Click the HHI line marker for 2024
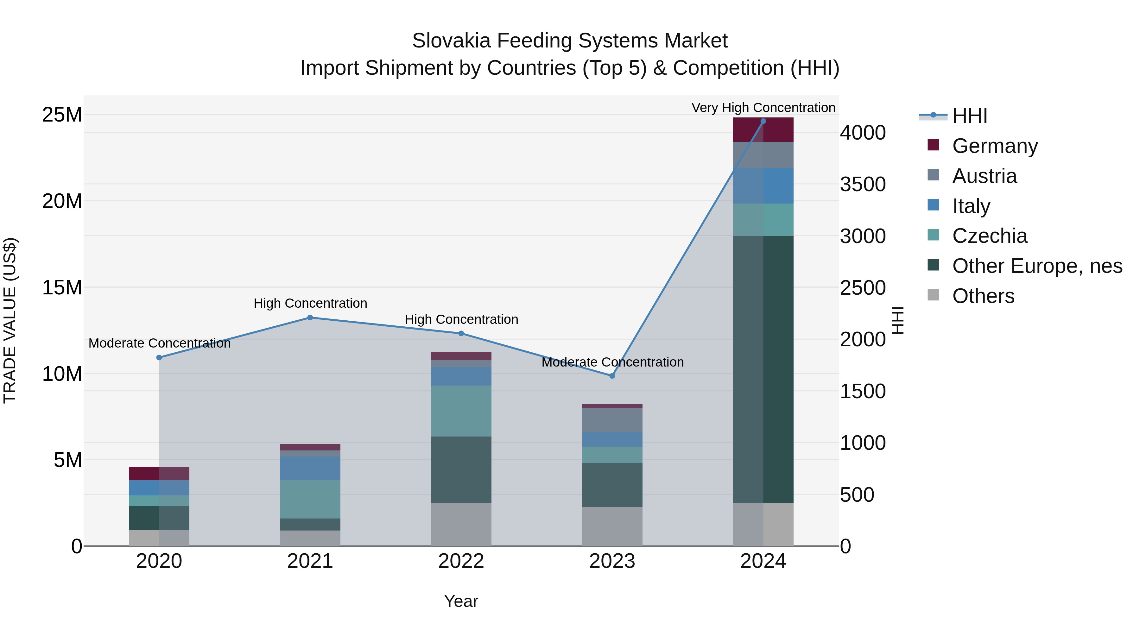[763, 121]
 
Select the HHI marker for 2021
[310, 317]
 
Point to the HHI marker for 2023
[612, 376]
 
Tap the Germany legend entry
[994, 146]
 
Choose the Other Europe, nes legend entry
[1037, 266]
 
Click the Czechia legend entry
[989, 236]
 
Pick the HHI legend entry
[969, 116]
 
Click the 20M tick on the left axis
[62, 201]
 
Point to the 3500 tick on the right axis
[863, 185]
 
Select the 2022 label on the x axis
[461, 561]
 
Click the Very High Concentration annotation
[763, 108]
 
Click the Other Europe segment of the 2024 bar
[763, 369]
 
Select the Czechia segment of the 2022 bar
[461, 411]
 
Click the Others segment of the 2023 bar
[612, 526]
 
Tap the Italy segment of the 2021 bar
[310, 468]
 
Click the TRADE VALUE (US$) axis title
[10, 320]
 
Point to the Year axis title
[461, 601]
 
